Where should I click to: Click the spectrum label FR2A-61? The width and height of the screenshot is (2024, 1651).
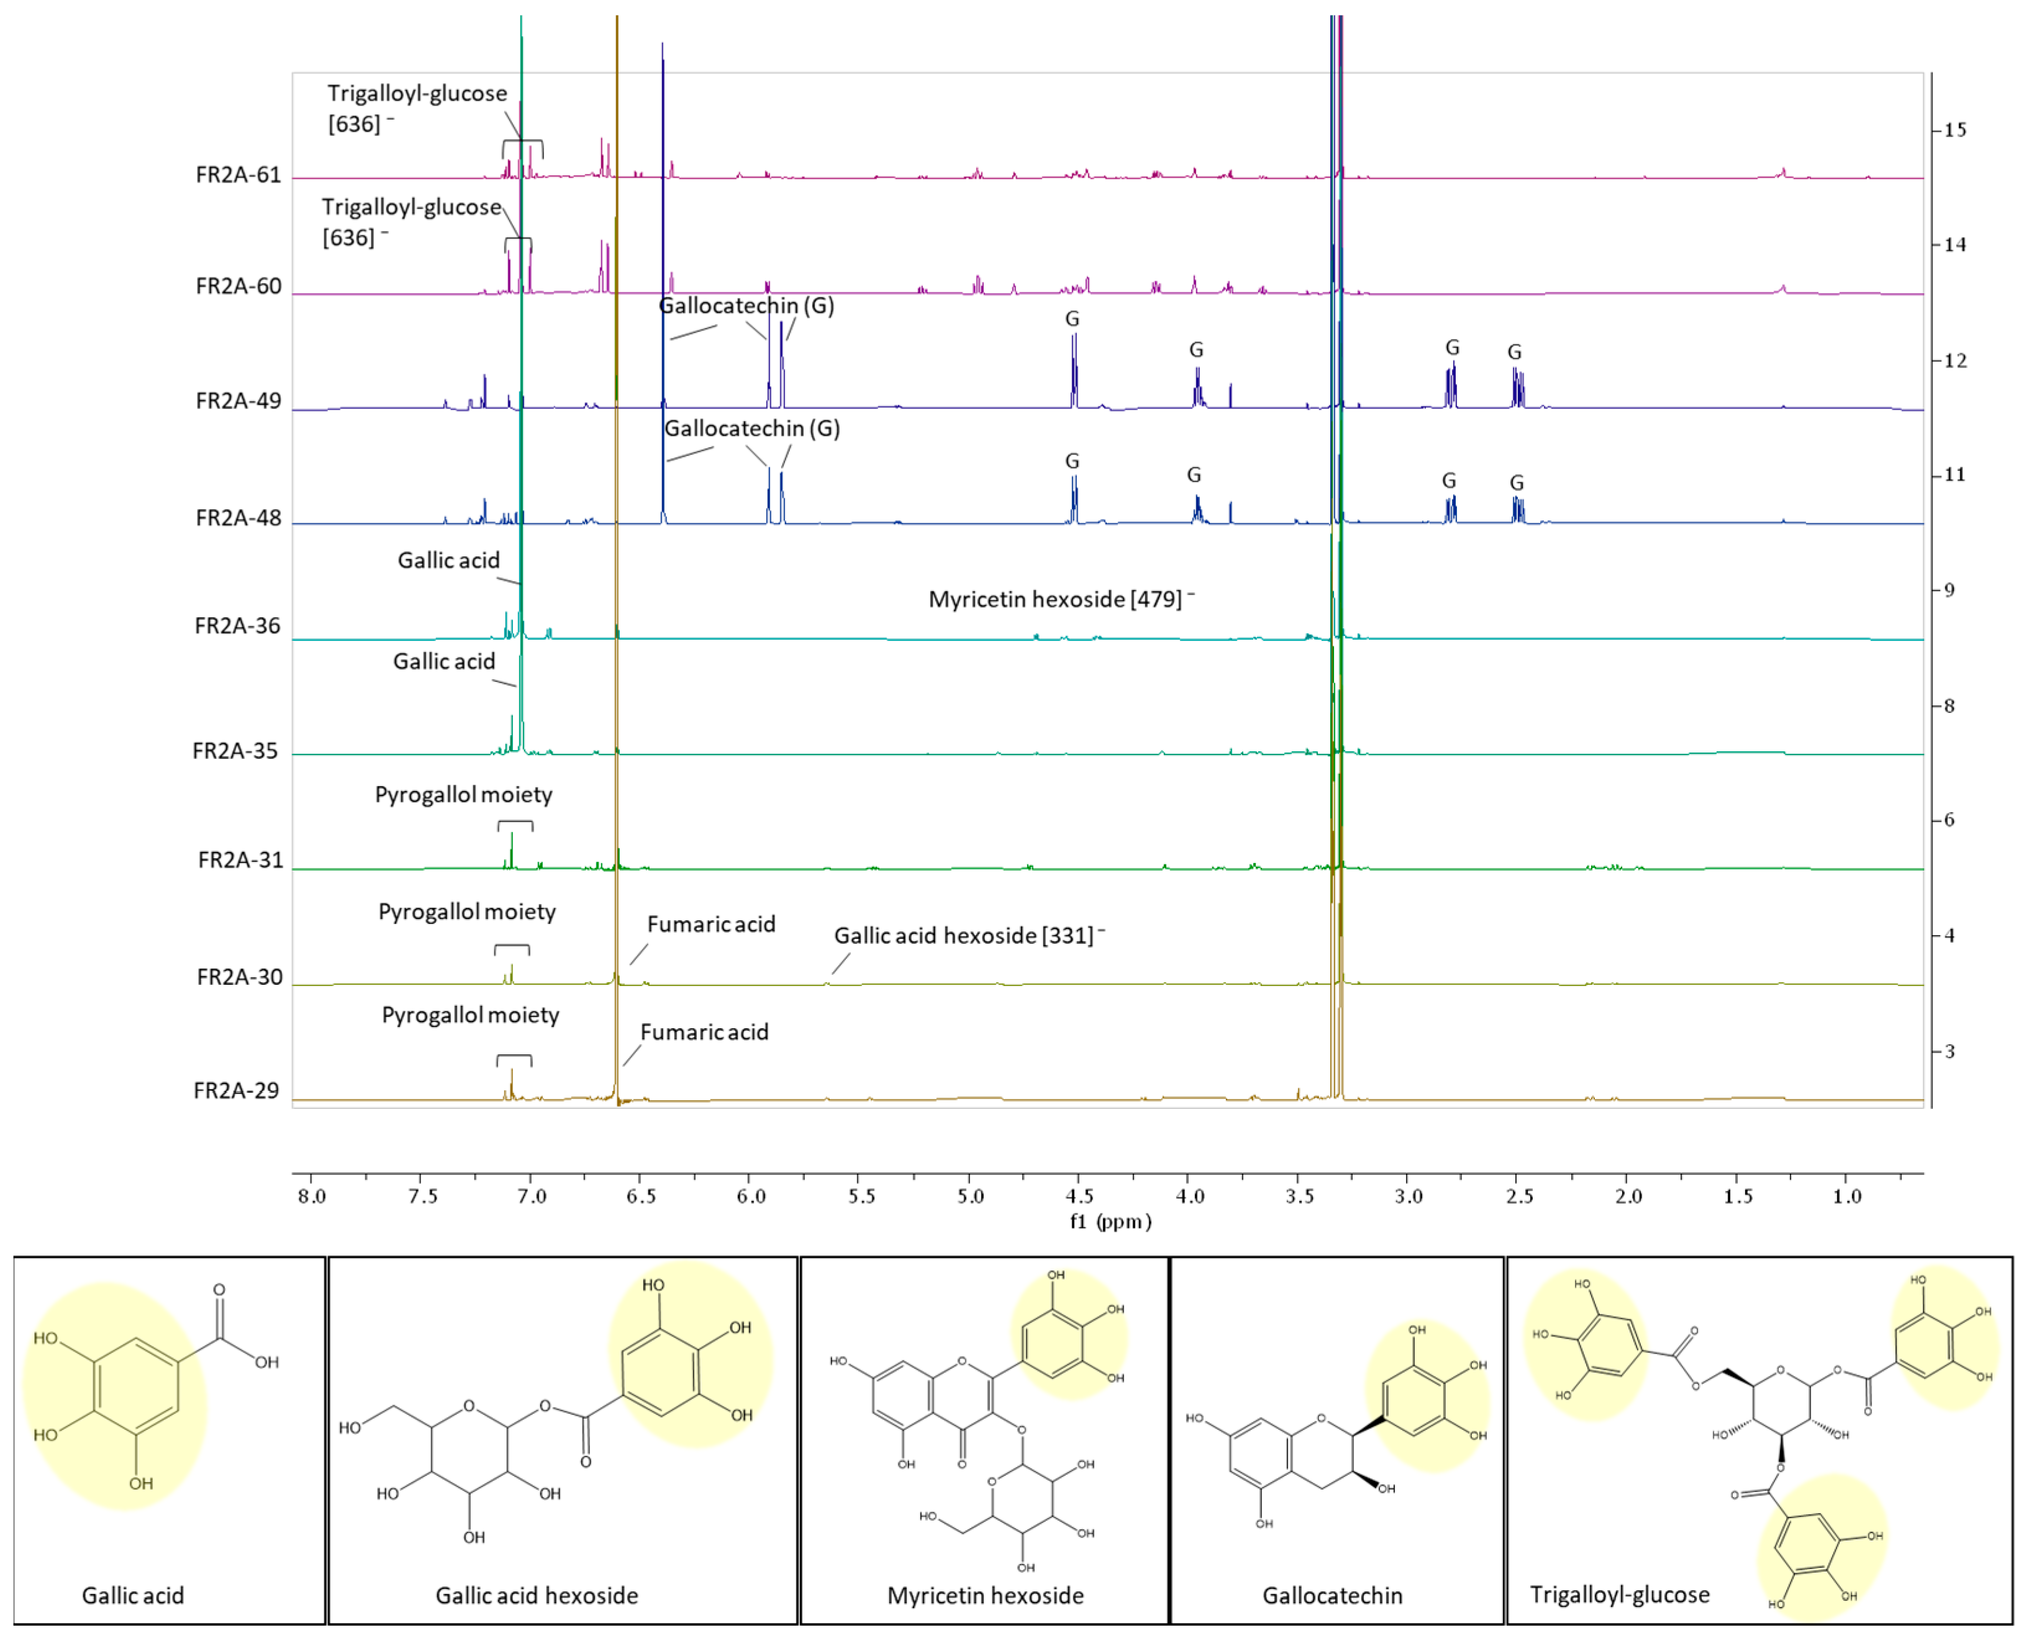coord(238,175)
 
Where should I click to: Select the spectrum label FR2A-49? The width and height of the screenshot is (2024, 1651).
coord(238,401)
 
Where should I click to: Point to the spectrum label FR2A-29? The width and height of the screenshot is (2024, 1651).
coord(236,1091)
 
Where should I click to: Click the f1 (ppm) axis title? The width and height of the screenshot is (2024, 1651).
coord(1110,1222)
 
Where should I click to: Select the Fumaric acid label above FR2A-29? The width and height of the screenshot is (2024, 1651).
coord(704,1033)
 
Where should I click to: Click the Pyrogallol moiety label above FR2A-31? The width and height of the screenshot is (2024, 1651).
coord(463,795)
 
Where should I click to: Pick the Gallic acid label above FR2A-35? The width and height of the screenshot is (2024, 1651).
coord(444,662)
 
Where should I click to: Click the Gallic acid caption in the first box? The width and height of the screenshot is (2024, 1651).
coord(133,1596)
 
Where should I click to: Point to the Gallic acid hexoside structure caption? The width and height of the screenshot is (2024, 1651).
coord(537,1596)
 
